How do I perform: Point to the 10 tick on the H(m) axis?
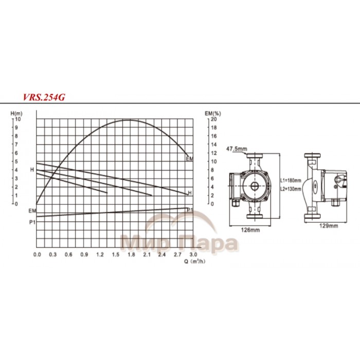pos(17,119)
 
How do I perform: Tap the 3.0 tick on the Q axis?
pos(193,255)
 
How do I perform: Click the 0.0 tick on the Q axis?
pos(37,255)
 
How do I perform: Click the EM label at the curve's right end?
pos(190,159)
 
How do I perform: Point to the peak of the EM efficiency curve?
pos(126,120)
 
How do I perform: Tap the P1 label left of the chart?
pos(32,222)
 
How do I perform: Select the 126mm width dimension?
pos(249,230)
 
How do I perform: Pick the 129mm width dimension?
pos(327,226)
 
